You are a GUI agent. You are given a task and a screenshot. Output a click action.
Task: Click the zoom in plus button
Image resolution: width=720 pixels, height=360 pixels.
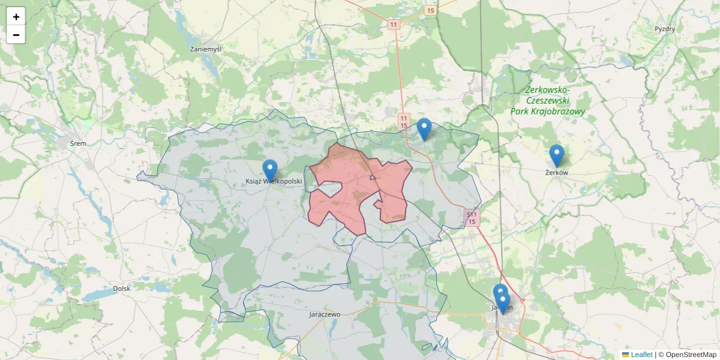(x=16, y=17)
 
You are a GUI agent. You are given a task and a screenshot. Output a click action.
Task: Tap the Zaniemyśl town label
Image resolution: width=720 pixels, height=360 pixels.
(x=205, y=49)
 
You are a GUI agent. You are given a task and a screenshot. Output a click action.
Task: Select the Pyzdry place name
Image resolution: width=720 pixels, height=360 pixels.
(x=665, y=29)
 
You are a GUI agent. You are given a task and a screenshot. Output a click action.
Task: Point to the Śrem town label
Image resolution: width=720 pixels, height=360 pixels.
(x=78, y=143)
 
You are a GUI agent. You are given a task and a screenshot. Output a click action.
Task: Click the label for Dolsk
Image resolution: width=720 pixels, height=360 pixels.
(x=121, y=289)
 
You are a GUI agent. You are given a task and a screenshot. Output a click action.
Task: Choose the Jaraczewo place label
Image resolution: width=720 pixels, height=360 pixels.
(x=325, y=314)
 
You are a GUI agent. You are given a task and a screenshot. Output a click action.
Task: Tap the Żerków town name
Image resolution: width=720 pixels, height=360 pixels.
(x=556, y=173)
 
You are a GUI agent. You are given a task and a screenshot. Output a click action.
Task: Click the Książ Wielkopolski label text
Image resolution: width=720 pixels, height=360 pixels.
(x=274, y=181)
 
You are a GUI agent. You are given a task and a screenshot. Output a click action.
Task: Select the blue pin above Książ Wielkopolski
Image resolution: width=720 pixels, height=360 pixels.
(x=271, y=169)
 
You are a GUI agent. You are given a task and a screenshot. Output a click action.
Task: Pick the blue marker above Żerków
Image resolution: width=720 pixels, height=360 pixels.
(x=557, y=155)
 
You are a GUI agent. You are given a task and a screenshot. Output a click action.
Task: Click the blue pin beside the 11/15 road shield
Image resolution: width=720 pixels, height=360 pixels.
(x=424, y=128)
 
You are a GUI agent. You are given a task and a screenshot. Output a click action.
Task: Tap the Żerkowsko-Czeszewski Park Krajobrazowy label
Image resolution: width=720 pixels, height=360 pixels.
(x=547, y=101)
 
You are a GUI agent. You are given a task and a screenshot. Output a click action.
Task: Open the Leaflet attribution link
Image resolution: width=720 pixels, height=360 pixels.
(x=641, y=355)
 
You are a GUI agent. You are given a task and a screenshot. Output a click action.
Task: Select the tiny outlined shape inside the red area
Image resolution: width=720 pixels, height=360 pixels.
(x=373, y=177)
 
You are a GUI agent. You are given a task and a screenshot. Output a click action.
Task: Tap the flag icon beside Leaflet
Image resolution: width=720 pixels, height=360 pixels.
(x=625, y=355)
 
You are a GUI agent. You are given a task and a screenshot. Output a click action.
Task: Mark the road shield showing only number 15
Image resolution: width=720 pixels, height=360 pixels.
(x=430, y=11)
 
